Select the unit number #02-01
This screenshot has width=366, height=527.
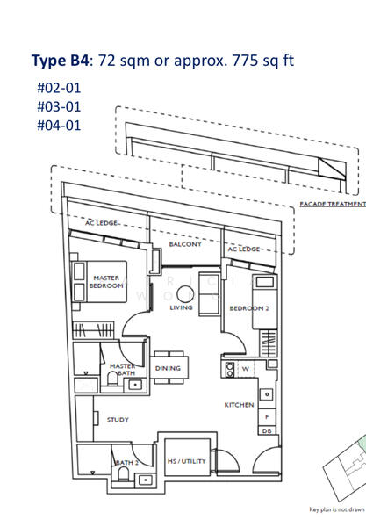tap(59, 88)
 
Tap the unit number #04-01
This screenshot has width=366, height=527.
tap(59, 125)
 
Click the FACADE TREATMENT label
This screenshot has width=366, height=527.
tap(332, 203)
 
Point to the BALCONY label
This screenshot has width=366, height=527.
tap(185, 244)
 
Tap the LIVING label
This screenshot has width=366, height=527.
tap(181, 308)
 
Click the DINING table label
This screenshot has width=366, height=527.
tap(168, 369)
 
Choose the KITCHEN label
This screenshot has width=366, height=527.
tap(239, 405)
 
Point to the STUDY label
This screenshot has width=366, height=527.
tap(118, 420)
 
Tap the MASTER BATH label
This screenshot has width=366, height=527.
tap(122, 370)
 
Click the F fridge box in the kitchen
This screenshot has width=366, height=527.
tap(266, 416)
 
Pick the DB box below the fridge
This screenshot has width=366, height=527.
tap(266, 431)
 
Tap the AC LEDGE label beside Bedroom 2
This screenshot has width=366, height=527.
tap(243, 249)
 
